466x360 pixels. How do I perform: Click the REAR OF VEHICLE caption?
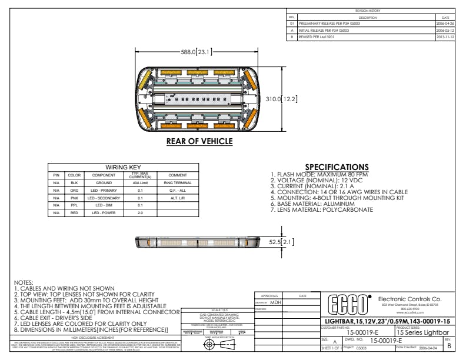click(x=199, y=141)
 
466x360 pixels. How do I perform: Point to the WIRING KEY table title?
click(x=122, y=168)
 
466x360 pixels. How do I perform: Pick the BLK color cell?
click(x=74, y=183)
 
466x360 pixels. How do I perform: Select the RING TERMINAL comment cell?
click(x=177, y=183)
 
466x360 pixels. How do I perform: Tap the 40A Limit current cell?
click(x=140, y=183)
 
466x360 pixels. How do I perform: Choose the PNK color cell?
click(x=74, y=198)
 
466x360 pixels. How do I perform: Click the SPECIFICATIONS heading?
click(x=337, y=168)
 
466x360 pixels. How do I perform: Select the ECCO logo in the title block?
click(x=349, y=305)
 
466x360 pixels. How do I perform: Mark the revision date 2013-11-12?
click(x=444, y=36)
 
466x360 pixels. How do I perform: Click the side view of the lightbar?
click(x=199, y=241)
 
